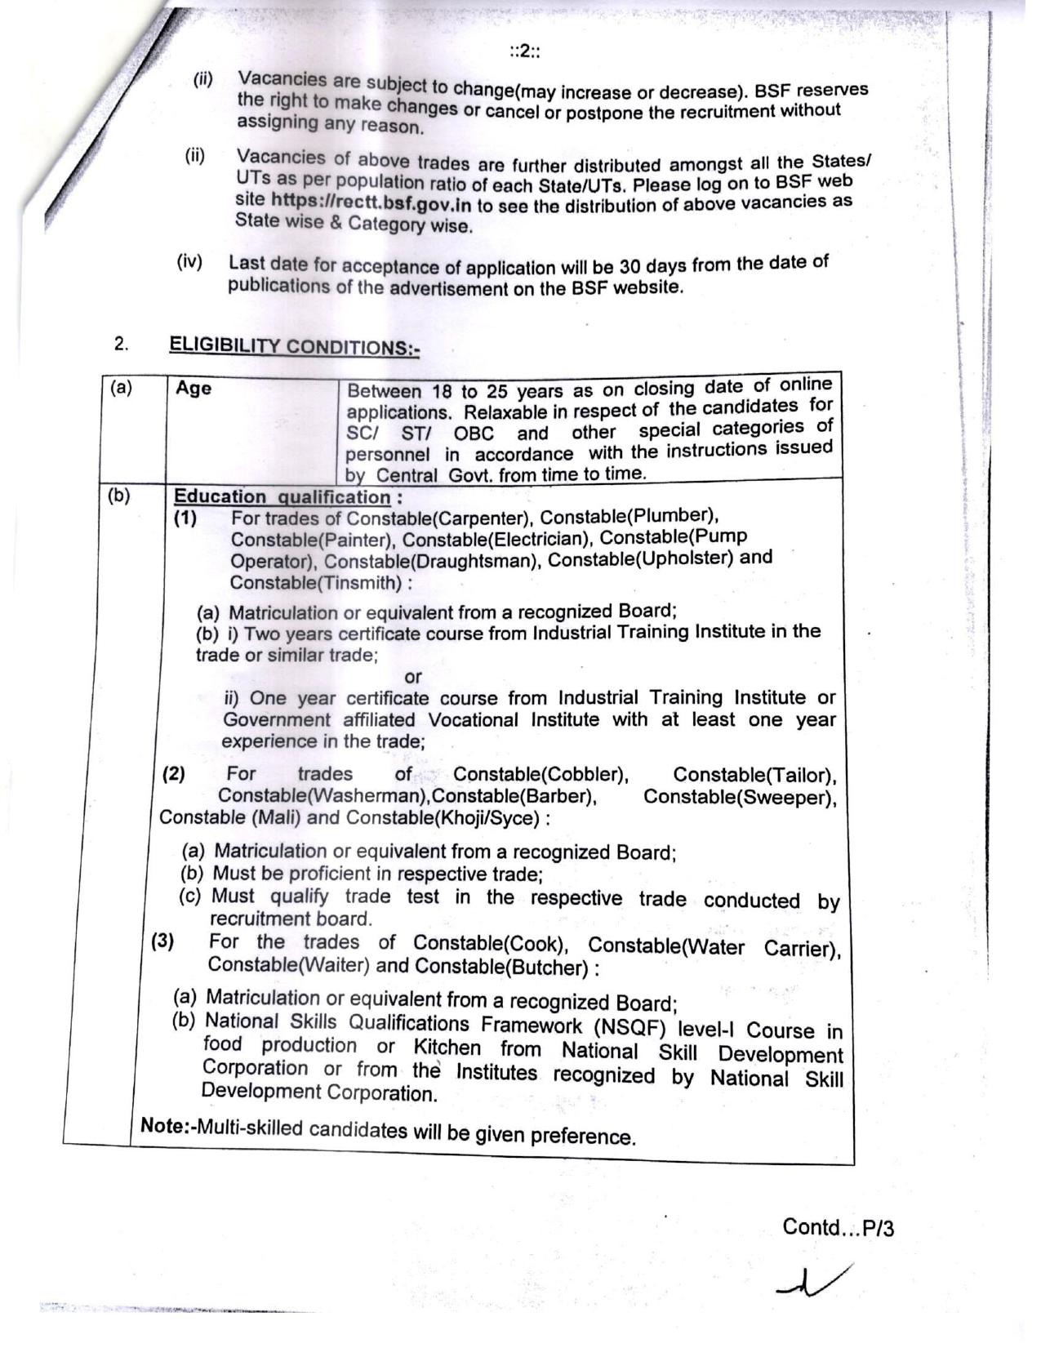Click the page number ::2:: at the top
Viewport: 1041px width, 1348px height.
click(526, 52)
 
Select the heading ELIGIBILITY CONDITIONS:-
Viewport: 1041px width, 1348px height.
click(294, 345)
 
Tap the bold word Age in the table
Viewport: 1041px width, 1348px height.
click(194, 388)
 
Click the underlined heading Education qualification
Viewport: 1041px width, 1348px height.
click(282, 496)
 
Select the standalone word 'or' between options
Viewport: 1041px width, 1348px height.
click(413, 677)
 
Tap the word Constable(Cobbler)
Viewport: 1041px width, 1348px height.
click(541, 774)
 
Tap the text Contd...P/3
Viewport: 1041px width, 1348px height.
click(838, 1227)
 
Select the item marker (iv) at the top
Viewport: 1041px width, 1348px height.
click(189, 262)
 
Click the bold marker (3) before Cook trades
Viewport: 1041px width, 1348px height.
click(162, 941)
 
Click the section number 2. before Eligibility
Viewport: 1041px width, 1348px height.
click(121, 344)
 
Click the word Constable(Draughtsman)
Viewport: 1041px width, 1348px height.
click(433, 561)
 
